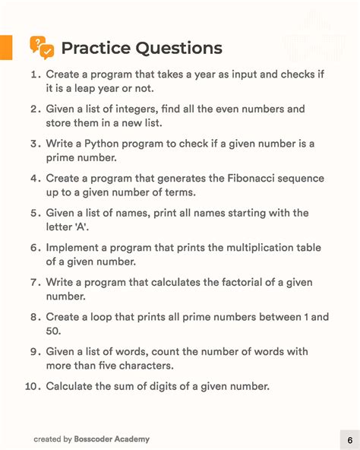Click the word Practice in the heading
point(95,49)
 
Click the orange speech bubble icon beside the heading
point(42,47)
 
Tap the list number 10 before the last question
point(32,386)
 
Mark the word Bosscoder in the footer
point(96,439)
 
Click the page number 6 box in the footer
point(349,439)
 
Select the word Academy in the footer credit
point(134,439)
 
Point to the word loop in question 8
point(105,317)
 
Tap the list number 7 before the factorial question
point(35,283)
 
